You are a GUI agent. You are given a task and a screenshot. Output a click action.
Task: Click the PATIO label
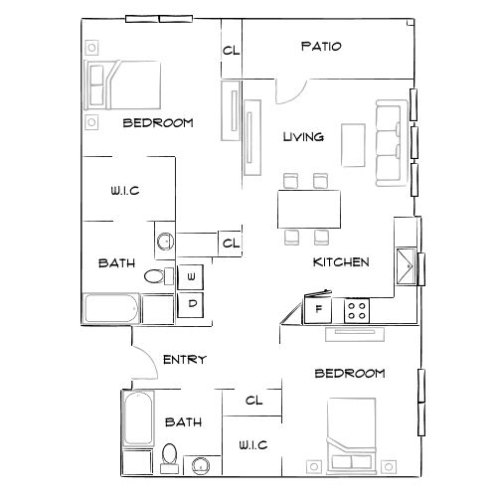[320, 47]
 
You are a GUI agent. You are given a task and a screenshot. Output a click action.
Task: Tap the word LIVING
[303, 137]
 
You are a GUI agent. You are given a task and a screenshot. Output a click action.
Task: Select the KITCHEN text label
[342, 262]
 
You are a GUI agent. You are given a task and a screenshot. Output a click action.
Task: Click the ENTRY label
[184, 359]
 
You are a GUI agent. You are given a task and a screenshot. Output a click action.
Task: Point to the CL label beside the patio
[231, 51]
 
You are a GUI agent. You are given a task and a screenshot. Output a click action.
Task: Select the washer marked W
[191, 276]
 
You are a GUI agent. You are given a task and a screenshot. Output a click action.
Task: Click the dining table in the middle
[305, 208]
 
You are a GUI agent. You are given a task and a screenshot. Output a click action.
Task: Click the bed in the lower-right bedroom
[354, 435]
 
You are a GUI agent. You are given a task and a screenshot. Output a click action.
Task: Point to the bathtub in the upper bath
[112, 309]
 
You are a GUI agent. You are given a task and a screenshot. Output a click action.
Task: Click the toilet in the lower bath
[170, 458]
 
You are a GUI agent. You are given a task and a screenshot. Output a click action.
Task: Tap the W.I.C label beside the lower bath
[252, 444]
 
